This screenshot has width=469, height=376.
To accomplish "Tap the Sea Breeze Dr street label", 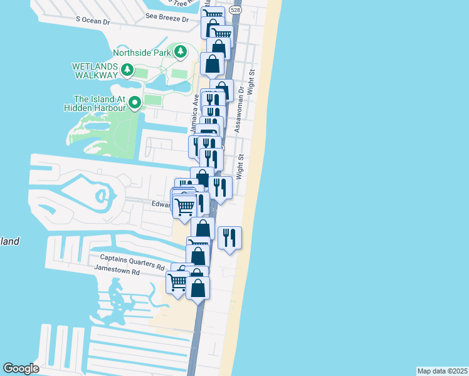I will click(167, 19).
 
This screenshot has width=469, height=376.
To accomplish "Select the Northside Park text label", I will click(142, 53).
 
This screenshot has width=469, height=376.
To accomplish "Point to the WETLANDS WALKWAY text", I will click(95, 70).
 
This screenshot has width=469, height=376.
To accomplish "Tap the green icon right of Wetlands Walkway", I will click(127, 70).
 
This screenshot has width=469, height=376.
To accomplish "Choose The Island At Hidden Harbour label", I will click(99, 103).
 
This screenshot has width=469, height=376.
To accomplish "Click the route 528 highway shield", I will click(234, 11).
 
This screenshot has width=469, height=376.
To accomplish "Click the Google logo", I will click(21, 368).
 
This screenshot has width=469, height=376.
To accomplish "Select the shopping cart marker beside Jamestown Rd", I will click(177, 282).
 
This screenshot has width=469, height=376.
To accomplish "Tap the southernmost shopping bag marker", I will click(198, 288).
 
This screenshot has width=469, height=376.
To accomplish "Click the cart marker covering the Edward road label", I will click(184, 206).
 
